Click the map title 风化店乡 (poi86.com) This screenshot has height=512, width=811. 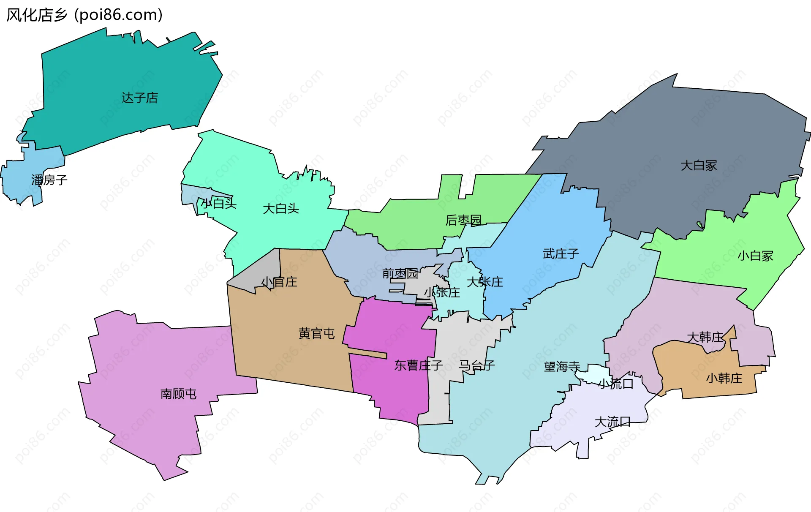pyautogui.click(x=84, y=15)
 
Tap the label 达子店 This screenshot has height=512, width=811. pyautogui.click(x=140, y=98)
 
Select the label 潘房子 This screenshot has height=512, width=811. pyautogui.click(x=49, y=180)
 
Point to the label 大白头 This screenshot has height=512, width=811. pyautogui.click(x=281, y=208)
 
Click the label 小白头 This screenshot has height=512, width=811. pyautogui.click(x=218, y=204)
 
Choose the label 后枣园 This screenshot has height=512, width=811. pyautogui.click(x=463, y=220)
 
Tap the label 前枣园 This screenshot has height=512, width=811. pyautogui.click(x=400, y=274)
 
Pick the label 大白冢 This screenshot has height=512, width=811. pyautogui.click(x=699, y=165)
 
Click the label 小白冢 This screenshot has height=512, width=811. pyautogui.click(x=755, y=256)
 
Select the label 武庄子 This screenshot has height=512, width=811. pyautogui.click(x=561, y=254)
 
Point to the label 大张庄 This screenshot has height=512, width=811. pyautogui.click(x=485, y=282)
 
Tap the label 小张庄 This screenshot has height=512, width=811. pyautogui.click(x=442, y=292)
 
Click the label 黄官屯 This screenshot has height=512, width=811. pyautogui.click(x=317, y=334)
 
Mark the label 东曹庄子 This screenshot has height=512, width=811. pyautogui.click(x=418, y=365)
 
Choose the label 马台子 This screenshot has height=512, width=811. pyautogui.click(x=477, y=365)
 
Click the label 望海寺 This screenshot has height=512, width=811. pyautogui.click(x=562, y=366)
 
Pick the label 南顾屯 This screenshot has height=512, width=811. pyautogui.click(x=179, y=394)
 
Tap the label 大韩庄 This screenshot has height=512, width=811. pyautogui.click(x=705, y=337)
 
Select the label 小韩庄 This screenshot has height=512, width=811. pyautogui.click(x=724, y=378)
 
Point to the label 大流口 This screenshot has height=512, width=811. pyautogui.click(x=612, y=422)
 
